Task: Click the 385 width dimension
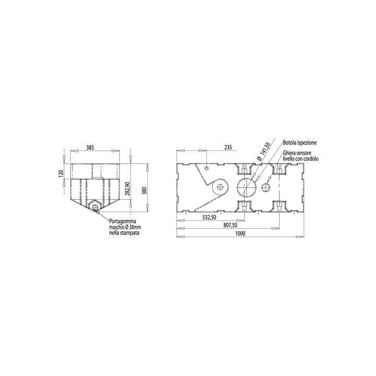[x=90, y=147]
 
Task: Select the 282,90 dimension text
[x=127, y=189]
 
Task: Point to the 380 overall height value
[x=144, y=190]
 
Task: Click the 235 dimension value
[x=228, y=147]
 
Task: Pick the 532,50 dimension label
[x=209, y=217]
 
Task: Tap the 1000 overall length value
[x=240, y=233]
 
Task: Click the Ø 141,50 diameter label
[x=264, y=151]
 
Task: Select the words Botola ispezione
[x=300, y=143]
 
